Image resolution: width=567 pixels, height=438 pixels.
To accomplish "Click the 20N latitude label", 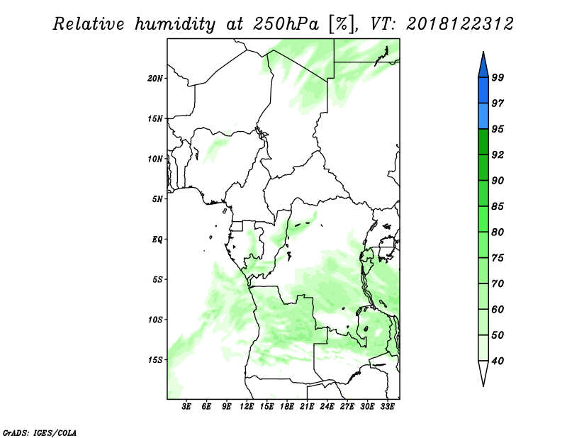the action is [155, 78].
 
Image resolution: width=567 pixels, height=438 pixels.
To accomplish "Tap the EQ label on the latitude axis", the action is [157, 239].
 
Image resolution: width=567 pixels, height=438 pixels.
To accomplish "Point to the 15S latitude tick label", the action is [155, 360].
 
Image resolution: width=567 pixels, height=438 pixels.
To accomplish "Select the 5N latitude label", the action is [157, 199].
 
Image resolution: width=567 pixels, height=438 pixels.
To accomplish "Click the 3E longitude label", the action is [186, 406].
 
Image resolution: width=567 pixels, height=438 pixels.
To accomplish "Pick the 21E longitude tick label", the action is [307, 406].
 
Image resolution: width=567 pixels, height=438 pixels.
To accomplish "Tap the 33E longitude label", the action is [387, 406].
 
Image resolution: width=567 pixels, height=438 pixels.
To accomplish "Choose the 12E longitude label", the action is [246, 406].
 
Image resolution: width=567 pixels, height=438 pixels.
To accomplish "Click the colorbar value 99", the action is [498, 77].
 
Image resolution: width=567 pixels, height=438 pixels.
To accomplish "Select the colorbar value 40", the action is [498, 361].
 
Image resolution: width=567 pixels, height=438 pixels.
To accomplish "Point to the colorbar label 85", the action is [498, 206].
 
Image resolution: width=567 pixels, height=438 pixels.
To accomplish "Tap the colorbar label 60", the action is [498, 309].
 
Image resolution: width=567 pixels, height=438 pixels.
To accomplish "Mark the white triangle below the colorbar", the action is [483, 372].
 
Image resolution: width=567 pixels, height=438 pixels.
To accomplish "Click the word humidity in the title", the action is [175, 24].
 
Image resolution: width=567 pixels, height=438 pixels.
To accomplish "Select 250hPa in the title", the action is [286, 24].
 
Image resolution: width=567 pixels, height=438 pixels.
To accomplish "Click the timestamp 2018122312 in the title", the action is [459, 24].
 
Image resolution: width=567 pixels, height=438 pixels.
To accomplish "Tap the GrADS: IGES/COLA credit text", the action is [40, 433].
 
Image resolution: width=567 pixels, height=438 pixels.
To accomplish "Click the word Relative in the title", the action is [89, 24].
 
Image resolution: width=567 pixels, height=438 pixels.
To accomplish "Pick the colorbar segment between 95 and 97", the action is [483, 116].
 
